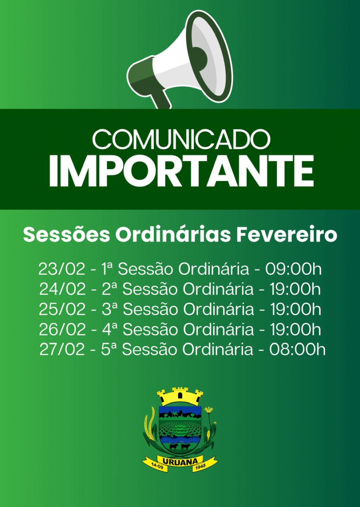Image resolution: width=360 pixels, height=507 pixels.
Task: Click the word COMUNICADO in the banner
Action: pyautogui.click(x=181, y=139)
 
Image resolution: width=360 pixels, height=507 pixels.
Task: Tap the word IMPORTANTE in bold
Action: pyautogui.click(x=182, y=171)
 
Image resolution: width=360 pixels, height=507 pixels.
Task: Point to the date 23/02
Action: pyautogui.click(x=62, y=269)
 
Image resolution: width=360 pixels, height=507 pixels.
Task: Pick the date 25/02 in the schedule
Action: pyautogui.click(x=62, y=310)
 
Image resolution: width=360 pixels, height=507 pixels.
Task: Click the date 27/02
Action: pyautogui.click(x=62, y=350)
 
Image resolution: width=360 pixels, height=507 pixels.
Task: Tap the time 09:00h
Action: pyautogui.click(x=293, y=269)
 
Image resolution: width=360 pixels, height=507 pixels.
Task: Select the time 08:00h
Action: pyautogui.click(x=297, y=350)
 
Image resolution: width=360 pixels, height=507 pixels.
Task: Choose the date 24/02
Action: pyautogui.click(x=62, y=289)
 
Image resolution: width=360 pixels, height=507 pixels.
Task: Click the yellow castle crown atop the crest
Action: pyautogui.click(x=180, y=396)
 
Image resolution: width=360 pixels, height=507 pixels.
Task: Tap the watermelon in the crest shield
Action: pyautogui.click(x=180, y=430)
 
